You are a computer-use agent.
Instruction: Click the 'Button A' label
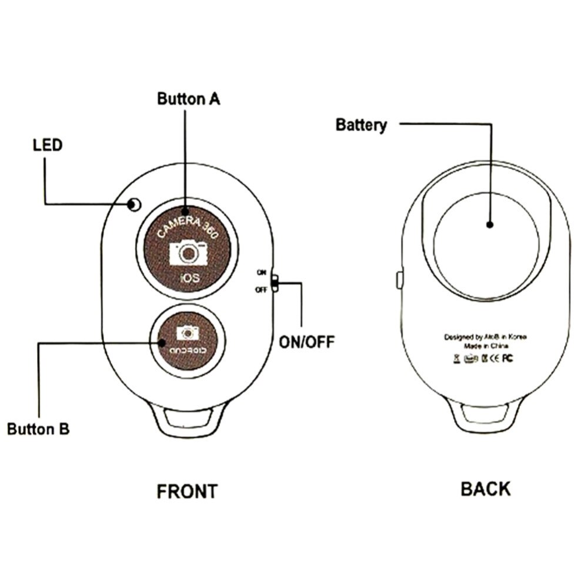click(188, 98)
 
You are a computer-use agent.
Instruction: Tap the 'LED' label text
click(47, 145)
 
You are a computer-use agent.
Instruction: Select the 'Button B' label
click(38, 428)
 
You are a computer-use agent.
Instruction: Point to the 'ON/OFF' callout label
click(305, 342)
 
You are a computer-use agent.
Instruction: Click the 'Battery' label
click(361, 125)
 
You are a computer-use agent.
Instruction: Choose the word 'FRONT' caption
click(187, 491)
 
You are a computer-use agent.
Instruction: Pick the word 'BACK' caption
click(486, 488)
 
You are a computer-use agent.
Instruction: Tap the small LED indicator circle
click(135, 205)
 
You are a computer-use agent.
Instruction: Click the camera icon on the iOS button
click(188, 253)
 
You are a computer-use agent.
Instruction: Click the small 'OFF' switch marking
click(260, 289)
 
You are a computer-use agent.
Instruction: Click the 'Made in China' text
click(485, 346)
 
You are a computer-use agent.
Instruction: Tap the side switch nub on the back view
click(398, 279)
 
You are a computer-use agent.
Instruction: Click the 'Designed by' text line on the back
click(485, 337)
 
